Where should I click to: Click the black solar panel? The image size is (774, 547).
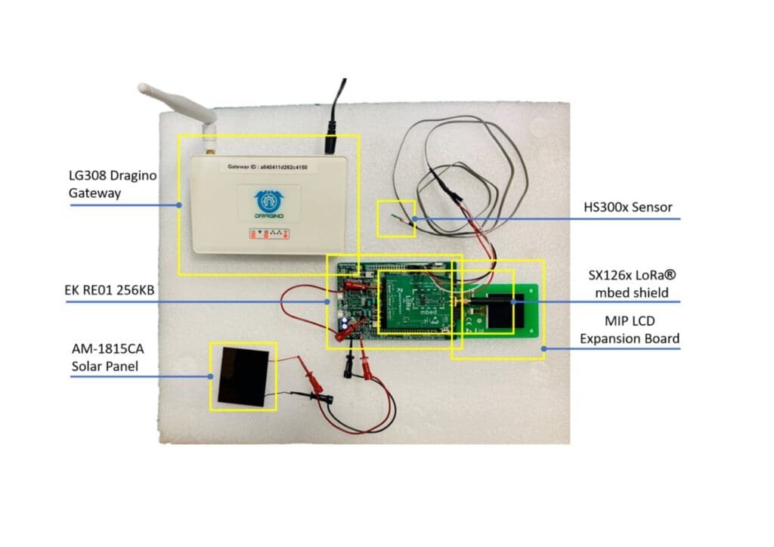(x=243, y=375)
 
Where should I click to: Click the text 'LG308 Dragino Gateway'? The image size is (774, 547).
(x=111, y=184)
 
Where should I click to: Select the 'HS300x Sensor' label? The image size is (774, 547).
(x=627, y=206)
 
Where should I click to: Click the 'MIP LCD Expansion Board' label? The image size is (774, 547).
(x=629, y=330)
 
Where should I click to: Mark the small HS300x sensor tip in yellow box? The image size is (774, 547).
(x=395, y=219)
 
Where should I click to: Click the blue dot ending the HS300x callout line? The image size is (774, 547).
(x=415, y=219)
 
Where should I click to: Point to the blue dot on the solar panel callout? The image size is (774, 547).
(x=210, y=376)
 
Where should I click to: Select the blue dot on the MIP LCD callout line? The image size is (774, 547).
(x=545, y=348)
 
